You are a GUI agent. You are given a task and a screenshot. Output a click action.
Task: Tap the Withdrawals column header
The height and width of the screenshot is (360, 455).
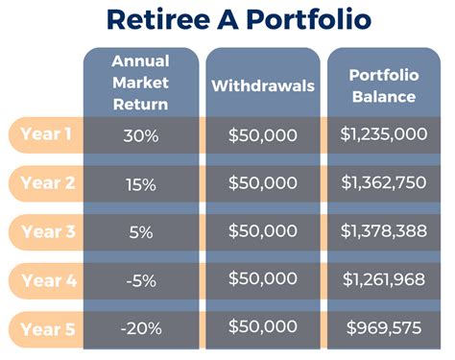[x=263, y=85]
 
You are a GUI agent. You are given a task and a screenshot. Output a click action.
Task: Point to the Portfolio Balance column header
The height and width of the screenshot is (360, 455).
[x=384, y=85]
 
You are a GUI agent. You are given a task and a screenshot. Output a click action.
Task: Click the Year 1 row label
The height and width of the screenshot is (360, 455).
[x=46, y=134]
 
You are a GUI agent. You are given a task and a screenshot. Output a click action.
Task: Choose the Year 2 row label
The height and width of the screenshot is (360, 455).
[x=46, y=183]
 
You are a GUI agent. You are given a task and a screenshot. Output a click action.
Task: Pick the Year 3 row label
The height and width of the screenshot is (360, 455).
[x=46, y=231]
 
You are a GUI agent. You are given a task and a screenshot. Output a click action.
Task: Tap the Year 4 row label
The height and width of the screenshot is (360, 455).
[x=46, y=280]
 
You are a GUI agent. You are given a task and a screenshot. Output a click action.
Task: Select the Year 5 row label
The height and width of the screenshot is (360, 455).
[x=46, y=329]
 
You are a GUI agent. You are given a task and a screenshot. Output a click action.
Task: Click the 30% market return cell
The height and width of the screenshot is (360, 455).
[x=140, y=135]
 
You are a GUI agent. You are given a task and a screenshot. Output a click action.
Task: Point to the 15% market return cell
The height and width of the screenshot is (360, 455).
[x=140, y=184]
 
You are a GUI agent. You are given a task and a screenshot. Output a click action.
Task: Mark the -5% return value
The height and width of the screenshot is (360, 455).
[x=140, y=281]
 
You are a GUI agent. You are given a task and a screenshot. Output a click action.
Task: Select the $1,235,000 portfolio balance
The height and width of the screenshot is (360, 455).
[x=384, y=135]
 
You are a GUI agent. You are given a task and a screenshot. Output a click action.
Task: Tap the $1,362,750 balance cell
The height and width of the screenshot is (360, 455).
[x=384, y=184]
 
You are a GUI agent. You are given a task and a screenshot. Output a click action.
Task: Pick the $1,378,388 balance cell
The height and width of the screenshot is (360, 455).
[x=384, y=232]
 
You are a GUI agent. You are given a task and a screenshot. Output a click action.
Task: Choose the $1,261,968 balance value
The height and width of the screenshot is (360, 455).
[x=384, y=281]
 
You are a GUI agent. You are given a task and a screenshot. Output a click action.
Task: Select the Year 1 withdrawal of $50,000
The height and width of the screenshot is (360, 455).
[x=263, y=135]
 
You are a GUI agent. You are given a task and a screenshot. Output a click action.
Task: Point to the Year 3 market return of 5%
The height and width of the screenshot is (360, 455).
[x=140, y=232]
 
